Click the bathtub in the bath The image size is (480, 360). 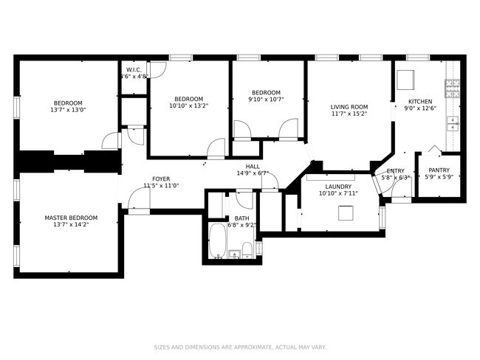pyautogui.click(x=218, y=242)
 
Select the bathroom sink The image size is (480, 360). pyautogui.click(x=235, y=255)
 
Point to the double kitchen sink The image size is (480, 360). pyautogui.click(x=453, y=123)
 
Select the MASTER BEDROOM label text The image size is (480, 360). pyautogui.click(x=71, y=218)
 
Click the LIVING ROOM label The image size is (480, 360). pyautogui.click(x=349, y=107)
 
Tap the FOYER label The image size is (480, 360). pyautogui.click(x=162, y=179)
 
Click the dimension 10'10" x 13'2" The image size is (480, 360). pyautogui.click(x=189, y=105)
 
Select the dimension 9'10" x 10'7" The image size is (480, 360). pyautogui.click(x=266, y=99)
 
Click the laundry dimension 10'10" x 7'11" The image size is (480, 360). pyautogui.click(x=338, y=193)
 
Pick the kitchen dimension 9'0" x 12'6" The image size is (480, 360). pyautogui.click(x=420, y=108)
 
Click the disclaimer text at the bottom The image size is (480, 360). pyautogui.click(x=240, y=347)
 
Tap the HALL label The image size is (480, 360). pyautogui.click(x=253, y=167)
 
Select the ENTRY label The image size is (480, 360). pyautogui.click(x=395, y=170)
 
